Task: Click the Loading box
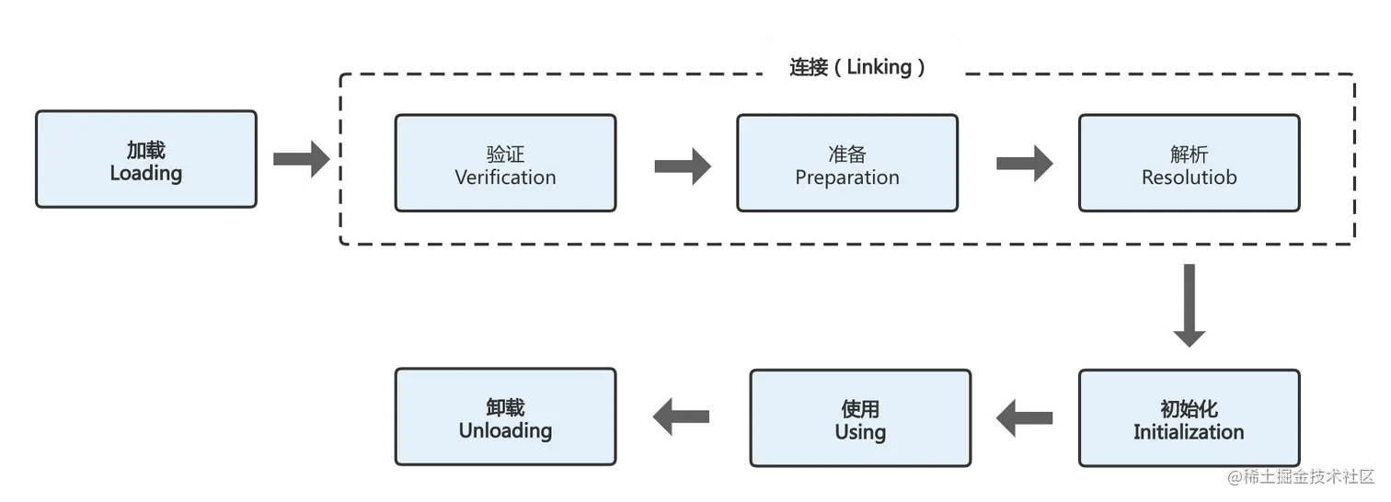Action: (146, 161)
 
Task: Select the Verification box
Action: (505, 164)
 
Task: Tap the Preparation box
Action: (847, 164)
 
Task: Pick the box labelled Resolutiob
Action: (1189, 164)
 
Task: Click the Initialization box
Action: (1189, 418)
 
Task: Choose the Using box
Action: (860, 418)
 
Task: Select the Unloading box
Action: (505, 418)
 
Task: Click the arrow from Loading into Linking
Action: (299, 160)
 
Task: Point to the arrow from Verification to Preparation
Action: (682, 165)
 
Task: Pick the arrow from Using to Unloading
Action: (682, 418)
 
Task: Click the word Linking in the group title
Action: (879, 67)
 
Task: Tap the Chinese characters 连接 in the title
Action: (809, 67)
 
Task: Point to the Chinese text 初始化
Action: (1189, 407)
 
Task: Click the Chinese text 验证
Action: (505, 153)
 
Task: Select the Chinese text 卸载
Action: (505, 407)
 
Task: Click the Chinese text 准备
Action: (847, 153)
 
